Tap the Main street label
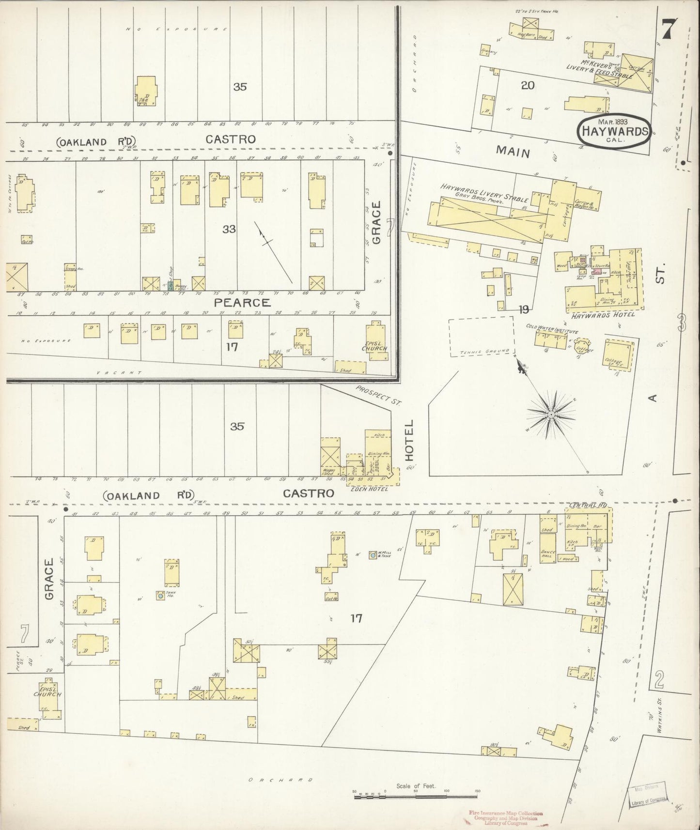[512, 152]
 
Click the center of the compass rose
[551, 415]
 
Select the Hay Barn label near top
[525, 35]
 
